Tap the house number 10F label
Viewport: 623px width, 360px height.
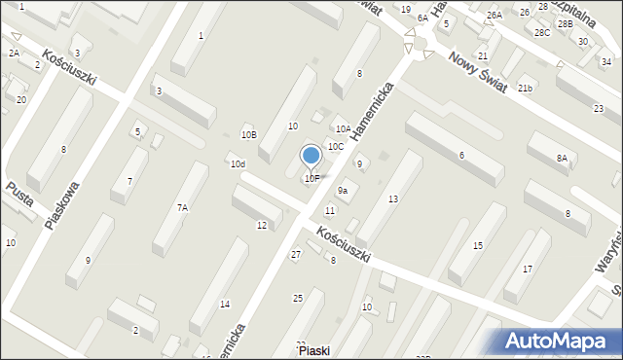(311, 178)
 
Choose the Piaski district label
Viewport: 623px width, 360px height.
(319, 350)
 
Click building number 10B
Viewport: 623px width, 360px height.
(249, 134)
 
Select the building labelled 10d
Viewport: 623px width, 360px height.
(238, 164)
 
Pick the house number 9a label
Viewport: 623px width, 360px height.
(343, 190)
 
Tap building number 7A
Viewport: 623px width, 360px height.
(182, 207)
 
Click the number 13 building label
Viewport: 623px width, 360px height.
(392, 198)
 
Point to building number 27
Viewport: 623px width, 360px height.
(296, 254)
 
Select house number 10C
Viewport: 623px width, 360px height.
(335, 146)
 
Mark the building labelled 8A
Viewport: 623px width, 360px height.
(562, 158)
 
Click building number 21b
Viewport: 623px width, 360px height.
(526, 89)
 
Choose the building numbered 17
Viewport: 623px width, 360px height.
(528, 269)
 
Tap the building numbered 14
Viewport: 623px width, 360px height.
(225, 305)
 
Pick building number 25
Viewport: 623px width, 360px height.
(298, 297)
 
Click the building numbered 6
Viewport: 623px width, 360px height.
(460, 156)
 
